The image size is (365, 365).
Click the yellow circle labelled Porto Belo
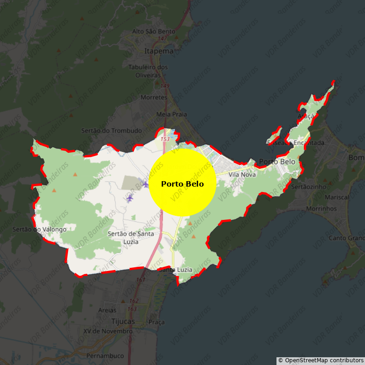(x=182, y=182)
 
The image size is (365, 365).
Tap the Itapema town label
(x=159, y=51)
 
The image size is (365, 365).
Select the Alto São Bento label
(x=153, y=31)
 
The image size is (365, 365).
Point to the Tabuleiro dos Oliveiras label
(x=148, y=71)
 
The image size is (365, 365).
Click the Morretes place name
(x=154, y=98)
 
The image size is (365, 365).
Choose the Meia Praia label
(x=172, y=114)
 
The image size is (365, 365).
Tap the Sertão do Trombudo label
(x=111, y=130)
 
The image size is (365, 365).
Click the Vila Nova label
(x=242, y=175)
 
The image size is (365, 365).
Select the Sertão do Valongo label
(x=40, y=229)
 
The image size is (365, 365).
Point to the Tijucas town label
(x=123, y=321)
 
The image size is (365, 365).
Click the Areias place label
(x=107, y=310)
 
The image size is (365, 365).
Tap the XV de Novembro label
(x=108, y=331)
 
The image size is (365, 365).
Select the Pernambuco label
(x=105, y=356)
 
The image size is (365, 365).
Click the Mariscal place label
(x=338, y=197)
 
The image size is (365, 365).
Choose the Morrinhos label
(x=334, y=209)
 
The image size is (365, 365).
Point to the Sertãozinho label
(x=308, y=187)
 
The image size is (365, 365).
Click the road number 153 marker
(x=165, y=139)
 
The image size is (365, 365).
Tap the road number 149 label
(x=165, y=86)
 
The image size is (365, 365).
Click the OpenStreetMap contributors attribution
(x=321, y=360)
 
